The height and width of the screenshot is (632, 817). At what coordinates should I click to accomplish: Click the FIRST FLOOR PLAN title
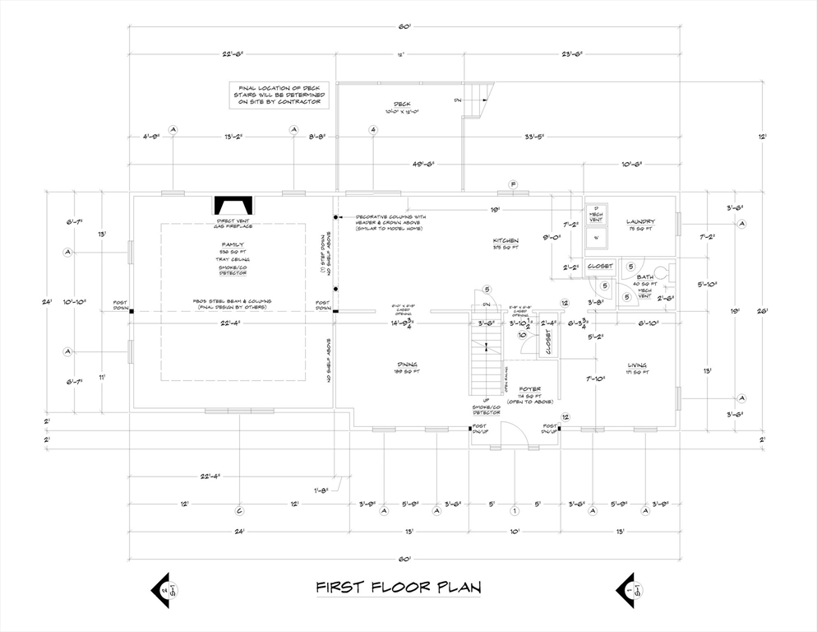(x=399, y=588)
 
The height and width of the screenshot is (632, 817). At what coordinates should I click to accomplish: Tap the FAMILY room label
(x=232, y=244)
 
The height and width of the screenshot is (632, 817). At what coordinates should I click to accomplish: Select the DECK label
(x=402, y=105)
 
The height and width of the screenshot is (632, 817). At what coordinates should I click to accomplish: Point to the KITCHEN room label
(x=505, y=240)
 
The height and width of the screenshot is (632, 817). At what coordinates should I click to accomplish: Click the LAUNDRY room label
(x=640, y=221)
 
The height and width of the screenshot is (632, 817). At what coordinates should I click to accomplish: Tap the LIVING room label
(x=636, y=365)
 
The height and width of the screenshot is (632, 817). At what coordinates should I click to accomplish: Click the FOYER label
(x=529, y=388)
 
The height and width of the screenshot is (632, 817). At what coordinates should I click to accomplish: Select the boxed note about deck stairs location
(x=280, y=95)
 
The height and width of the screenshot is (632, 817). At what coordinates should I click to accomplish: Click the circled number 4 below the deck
(x=372, y=130)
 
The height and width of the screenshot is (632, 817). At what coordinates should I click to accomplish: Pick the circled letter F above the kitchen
(x=513, y=184)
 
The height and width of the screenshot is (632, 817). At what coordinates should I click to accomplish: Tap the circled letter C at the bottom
(x=239, y=510)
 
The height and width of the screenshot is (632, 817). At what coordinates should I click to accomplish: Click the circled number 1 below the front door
(x=514, y=510)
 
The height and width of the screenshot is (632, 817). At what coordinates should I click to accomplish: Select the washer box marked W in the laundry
(x=596, y=237)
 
